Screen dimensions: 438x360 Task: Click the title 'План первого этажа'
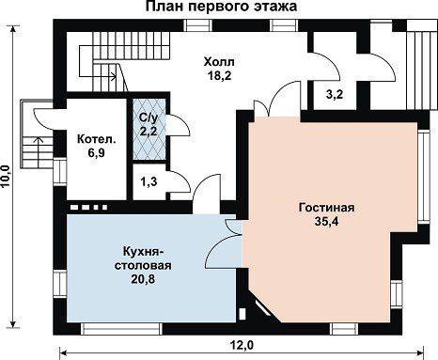coord(221,6)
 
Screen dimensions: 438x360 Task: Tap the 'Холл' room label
coord(219,62)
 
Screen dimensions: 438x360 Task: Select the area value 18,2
coord(219,75)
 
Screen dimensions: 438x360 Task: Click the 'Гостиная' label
coord(326,208)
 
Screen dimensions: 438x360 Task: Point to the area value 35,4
coord(327,221)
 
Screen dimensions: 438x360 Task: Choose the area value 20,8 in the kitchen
coord(143,278)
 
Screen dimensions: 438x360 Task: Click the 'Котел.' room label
coord(97,139)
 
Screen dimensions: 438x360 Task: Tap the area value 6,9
coord(96,153)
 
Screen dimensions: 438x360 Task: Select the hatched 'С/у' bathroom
coord(149,129)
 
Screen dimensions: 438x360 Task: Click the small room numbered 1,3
coord(149,181)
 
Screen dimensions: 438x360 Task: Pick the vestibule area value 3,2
coord(335,94)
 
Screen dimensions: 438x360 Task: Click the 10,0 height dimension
coord(7,176)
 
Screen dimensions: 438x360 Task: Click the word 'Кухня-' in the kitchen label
coord(143,251)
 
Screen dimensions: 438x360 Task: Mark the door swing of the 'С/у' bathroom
coord(180,125)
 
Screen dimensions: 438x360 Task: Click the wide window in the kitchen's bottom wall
coord(121,329)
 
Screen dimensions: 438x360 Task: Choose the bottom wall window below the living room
coord(345,329)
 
